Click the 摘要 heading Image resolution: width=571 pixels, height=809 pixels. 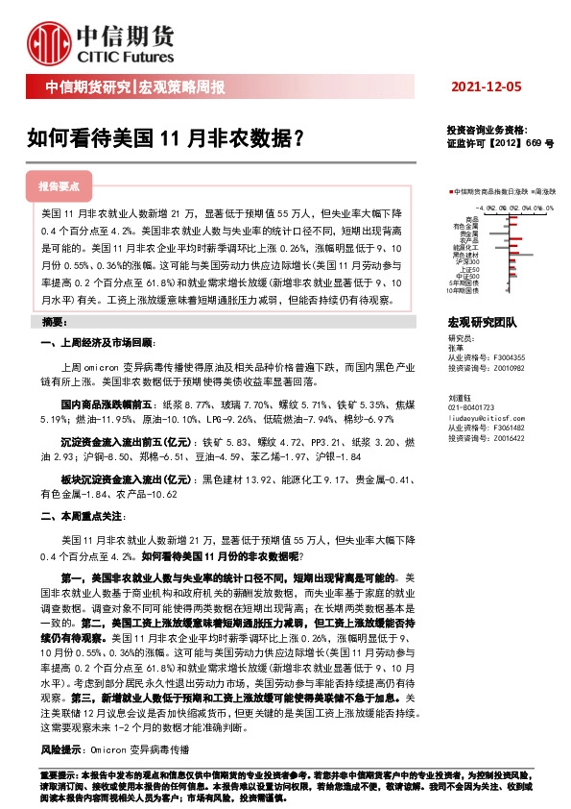tap(55, 321)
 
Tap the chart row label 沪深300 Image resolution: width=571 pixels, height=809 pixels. tap(469, 261)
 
